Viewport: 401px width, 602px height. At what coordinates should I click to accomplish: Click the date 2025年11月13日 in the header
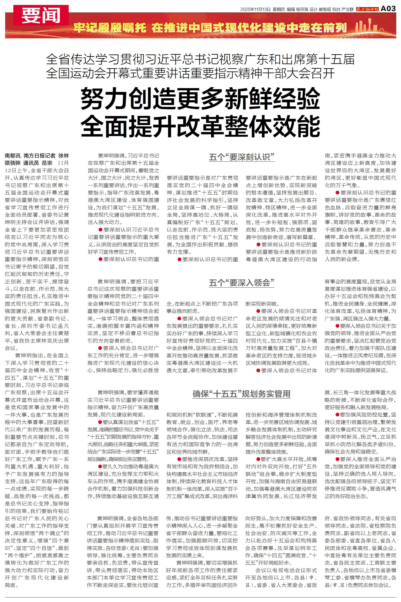click(255, 9)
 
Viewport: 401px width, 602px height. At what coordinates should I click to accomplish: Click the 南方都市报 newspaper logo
click(367, 9)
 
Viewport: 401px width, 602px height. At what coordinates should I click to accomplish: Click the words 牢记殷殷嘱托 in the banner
click(110, 28)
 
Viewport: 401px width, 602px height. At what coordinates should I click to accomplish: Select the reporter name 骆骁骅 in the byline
click(12, 163)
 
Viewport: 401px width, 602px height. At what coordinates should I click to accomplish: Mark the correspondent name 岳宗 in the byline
click(47, 163)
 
